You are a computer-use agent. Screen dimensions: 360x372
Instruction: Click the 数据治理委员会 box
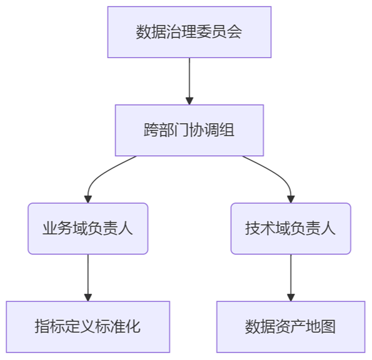click(x=189, y=32)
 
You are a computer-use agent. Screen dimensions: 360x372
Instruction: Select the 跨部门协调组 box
click(x=189, y=130)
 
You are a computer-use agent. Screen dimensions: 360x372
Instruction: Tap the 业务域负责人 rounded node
click(x=88, y=228)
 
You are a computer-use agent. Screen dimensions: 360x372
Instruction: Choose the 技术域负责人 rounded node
click(x=291, y=228)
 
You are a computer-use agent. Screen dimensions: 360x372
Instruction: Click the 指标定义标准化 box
click(x=88, y=326)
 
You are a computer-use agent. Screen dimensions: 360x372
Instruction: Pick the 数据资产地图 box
click(x=291, y=326)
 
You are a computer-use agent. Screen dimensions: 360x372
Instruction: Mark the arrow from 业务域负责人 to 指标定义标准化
click(x=88, y=275)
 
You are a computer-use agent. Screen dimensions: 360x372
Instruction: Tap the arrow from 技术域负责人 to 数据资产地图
click(x=291, y=275)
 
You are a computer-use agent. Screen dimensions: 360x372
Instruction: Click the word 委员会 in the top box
click(x=219, y=32)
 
